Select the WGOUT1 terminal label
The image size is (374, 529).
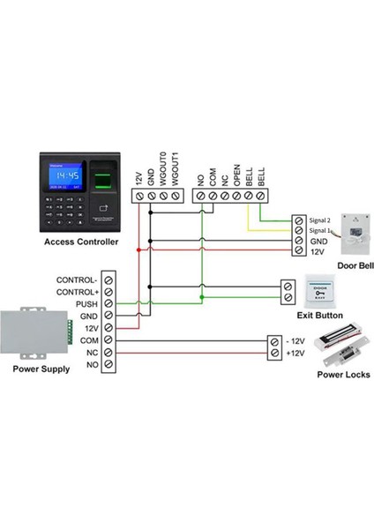tap(177, 167)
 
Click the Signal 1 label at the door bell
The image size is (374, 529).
tap(323, 229)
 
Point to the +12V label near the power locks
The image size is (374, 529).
tap(295, 353)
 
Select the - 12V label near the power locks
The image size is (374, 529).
tap(295, 340)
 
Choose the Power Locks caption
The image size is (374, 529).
tap(343, 375)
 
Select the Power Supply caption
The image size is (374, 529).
tap(41, 369)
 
